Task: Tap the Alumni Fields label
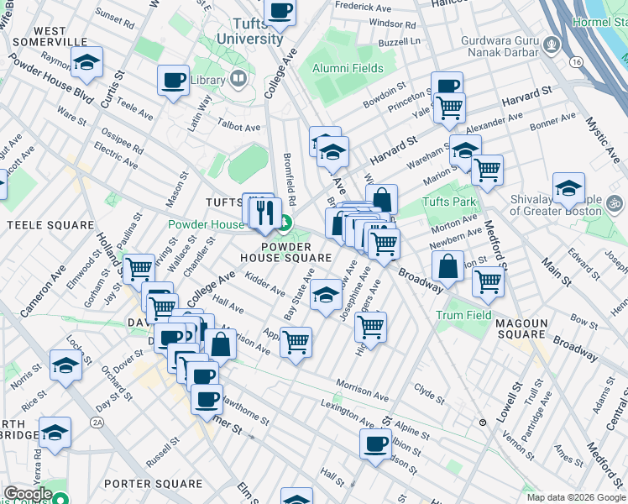(348, 69)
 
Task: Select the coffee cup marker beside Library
(173, 81)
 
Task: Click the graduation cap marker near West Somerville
(86, 62)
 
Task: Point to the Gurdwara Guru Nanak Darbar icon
(552, 44)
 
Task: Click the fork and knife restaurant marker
(265, 209)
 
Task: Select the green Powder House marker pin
(285, 223)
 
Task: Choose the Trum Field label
(463, 315)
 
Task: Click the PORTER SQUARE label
(154, 484)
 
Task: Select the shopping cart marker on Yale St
(450, 108)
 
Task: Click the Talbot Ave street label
(240, 127)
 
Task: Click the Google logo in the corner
(27, 494)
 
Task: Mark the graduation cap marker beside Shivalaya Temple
(568, 187)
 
